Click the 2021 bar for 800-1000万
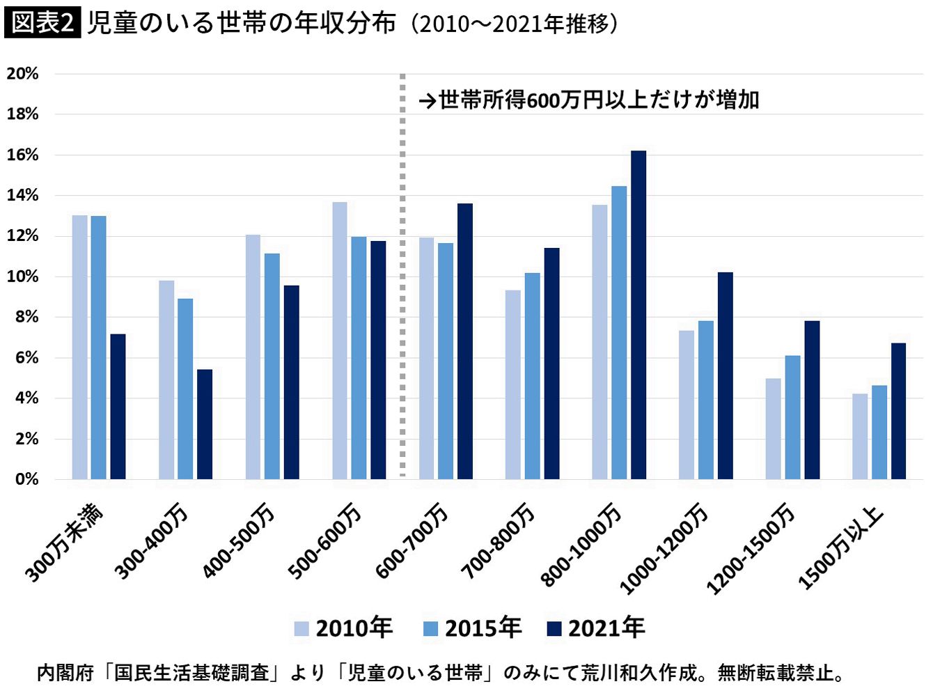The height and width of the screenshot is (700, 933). [638, 315]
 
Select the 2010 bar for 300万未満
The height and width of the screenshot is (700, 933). [79, 348]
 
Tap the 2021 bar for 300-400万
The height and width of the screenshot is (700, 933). [205, 425]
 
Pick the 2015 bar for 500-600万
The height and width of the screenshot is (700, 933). [359, 358]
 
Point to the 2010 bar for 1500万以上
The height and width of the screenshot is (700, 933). [860, 437]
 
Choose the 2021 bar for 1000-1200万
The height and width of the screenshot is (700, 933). [725, 375]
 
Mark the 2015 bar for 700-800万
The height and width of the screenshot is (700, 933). [532, 376]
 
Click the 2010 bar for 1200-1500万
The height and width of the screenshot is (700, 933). [773, 429]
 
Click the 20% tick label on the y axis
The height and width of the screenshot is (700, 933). [22, 74]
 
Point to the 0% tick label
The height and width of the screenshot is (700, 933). [26, 479]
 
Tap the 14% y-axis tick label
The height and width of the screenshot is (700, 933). [22, 196]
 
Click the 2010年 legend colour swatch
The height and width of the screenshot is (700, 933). [301, 629]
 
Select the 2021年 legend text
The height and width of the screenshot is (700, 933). [606, 628]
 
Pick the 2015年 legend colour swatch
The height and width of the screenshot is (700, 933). [430, 629]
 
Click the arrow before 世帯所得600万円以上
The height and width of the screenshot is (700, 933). [428, 102]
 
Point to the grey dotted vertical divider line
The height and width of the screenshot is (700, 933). [402, 275]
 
